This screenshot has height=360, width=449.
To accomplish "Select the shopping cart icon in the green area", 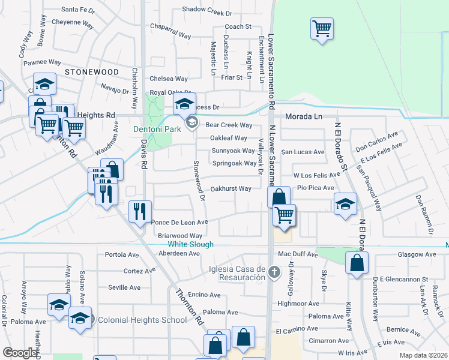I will click(x=322, y=28).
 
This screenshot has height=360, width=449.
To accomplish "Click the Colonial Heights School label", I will click(x=142, y=320).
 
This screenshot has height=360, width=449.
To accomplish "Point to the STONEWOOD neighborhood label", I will click(x=92, y=71).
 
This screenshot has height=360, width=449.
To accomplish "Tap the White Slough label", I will click(x=190, y=244).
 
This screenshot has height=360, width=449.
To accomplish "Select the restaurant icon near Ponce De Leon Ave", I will click(x=139, y=211).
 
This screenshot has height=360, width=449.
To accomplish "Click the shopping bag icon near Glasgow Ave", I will click(x=357, y=262).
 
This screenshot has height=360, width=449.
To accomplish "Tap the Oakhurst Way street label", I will click(x=231, y=188).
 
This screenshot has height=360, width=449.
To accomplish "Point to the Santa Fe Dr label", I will click(x=79, y=10).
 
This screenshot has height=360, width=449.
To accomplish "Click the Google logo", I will click(x=20, y=353).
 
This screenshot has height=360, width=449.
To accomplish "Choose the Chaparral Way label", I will click(x=170, y=36).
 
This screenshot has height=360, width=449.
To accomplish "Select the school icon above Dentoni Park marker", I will click(x=185, y=103).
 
